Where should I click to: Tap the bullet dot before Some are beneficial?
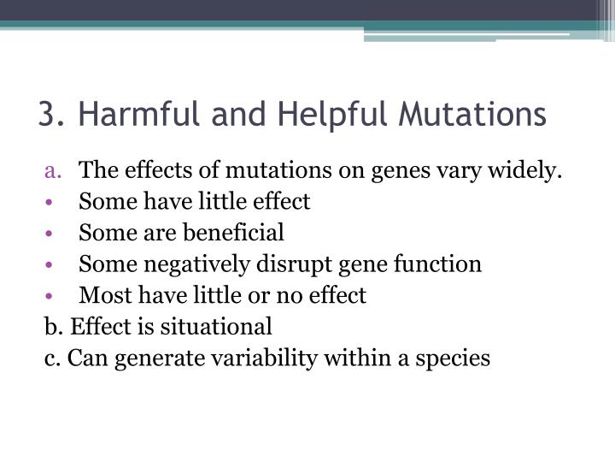[x=52, y=234]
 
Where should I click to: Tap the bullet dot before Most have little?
[x=52, y=296]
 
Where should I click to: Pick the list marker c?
[x=50, y=358]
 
